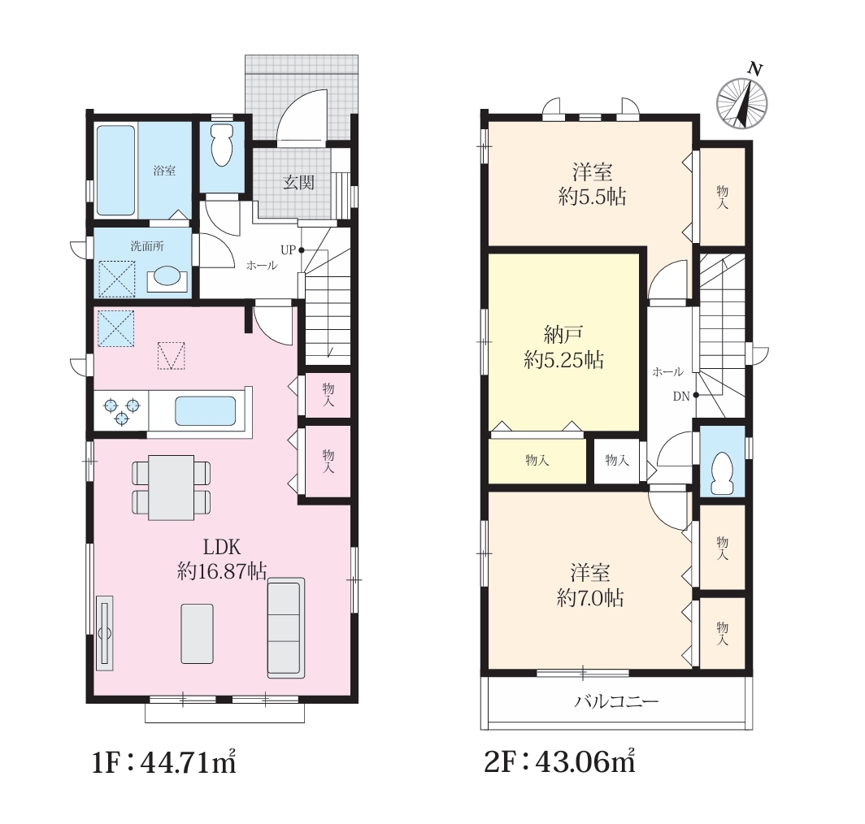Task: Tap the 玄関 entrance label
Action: point(298,183)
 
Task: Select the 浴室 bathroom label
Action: point(164,171)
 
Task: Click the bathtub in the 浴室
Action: point(115,171)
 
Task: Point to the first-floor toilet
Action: point(222,145)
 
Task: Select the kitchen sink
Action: point(205,411)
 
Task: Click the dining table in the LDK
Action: point(171,487)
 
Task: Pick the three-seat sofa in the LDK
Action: point(286,627)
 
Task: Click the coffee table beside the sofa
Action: point(197,634)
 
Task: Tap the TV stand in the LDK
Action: point(105,633)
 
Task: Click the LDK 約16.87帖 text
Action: point(222,559)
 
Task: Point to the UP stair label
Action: point(289,249)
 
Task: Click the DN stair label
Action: point(681,396)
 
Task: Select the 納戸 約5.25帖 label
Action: point(563,347)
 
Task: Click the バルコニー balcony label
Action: point(617,701)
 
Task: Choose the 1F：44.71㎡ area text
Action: point(164,762)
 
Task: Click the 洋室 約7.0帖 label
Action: point(590,585)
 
